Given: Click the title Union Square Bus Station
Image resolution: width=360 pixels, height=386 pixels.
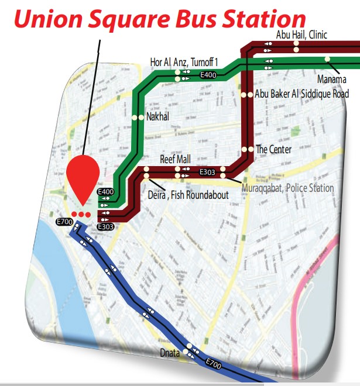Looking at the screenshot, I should pyautogui.click(x=160, y=20).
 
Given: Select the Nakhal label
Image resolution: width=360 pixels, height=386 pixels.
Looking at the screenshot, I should pyautogui.click(x=157, y=117).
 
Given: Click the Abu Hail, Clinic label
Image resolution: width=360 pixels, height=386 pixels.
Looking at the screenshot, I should pyautogui.click(x=301, y=35).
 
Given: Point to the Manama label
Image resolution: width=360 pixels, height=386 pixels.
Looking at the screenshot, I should pyautogui.click(x=332, y=78).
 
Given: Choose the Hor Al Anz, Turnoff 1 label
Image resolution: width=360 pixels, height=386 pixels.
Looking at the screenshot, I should pyautogui.click(x=184, y=61).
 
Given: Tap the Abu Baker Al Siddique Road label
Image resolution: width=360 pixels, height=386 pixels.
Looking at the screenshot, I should pyautogui.click(x=302, y=94).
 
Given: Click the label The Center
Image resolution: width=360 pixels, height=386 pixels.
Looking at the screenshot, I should pyautogui.click(x=274, y=150).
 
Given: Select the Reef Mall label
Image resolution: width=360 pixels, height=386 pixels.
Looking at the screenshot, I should pyautogui.click(x=176, y=159).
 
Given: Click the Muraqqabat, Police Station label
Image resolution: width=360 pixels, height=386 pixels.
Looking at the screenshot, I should pyautogui.click(x=287, y=188).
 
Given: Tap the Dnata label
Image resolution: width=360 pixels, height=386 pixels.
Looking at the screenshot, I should pyautogui.click(x=170, y=353).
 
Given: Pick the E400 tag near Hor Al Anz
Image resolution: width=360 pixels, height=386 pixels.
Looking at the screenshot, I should pyautogui.click(x=208, y=75).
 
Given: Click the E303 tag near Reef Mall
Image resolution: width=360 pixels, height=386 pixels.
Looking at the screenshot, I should pyautogui.click(x=208, y=173).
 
